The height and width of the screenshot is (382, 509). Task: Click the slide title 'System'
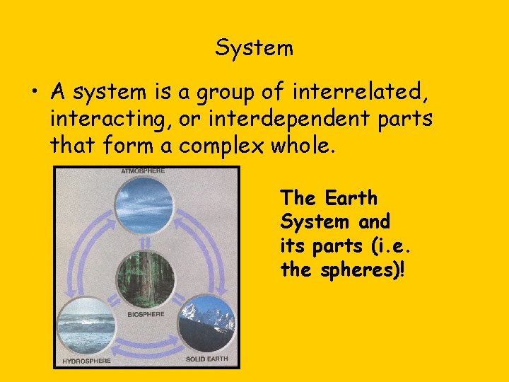tap(254, 48)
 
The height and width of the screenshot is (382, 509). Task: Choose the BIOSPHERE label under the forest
tap(146, 313)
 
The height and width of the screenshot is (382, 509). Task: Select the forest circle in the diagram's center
tap(146, 279)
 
